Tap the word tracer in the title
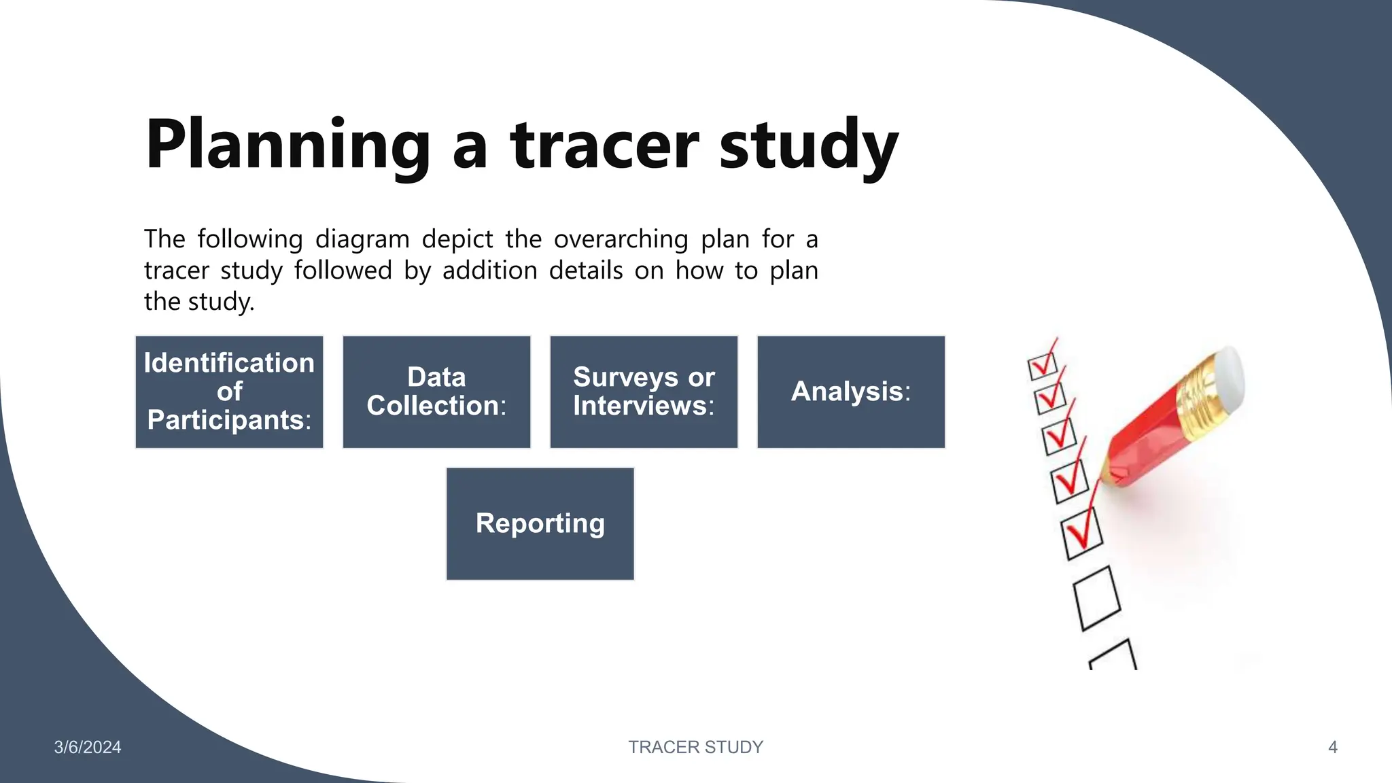tap(604, 145)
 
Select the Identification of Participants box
tap(229, 391)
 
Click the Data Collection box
tap(436, 391)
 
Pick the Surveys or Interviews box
tap(644, 391)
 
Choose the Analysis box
tap(851, 391)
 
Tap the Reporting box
tap(540, 523)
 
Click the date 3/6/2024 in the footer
tap(88, 747)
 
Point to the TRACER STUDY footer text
tap(695, 747)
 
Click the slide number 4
tap(1332, 747)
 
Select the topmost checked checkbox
tap(1043, 366)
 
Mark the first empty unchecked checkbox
tap(1096, 598)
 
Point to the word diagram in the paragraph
tap(362, 239)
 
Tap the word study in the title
tap(809, 145)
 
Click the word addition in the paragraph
tap(489, 271)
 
